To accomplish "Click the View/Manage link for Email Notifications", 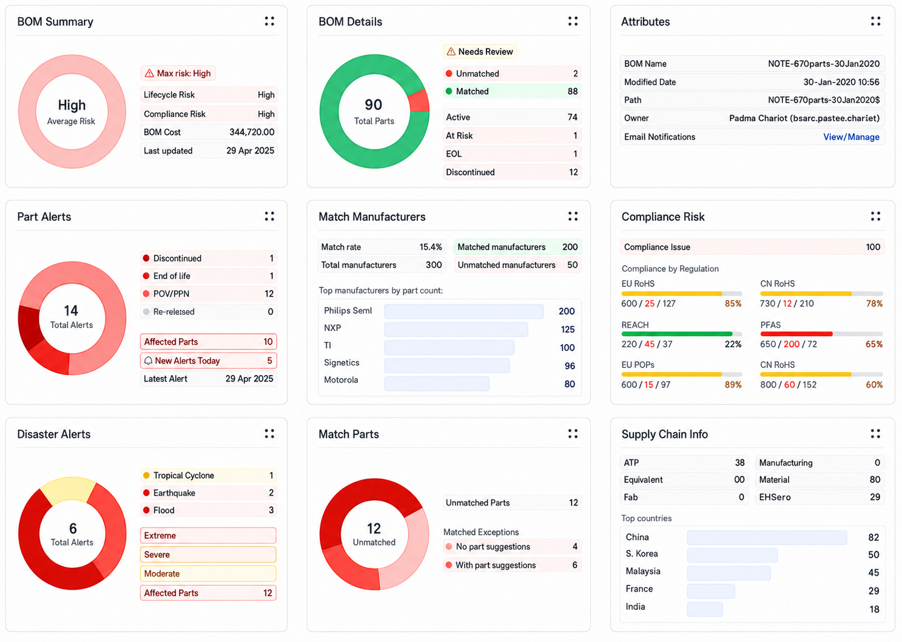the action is click(x=851, y=137).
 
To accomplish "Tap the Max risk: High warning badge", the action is click(x=178, y=73).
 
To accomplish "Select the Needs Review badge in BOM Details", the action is click(x=480, y=52).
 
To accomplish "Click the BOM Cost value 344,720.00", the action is click(x=252, y=132).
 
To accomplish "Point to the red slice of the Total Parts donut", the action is click(x=419, y=101).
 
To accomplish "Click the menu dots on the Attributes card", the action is click(x=875, y=21).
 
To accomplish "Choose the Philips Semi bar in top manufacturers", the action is click(x=463, y=311).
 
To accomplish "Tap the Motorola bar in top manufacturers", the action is click(x=437, y=384).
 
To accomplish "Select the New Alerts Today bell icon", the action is click(x=148, y=360).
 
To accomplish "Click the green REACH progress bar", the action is click(x=676, y=334).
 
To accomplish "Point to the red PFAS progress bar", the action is click(x=796, y=334).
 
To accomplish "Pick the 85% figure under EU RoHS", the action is click(x=733, y=303).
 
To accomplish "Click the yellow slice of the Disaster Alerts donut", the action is click(x=68, y=490).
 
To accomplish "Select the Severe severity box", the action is click(x=208, y=555).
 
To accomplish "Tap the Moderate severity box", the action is click(x=208, y=573).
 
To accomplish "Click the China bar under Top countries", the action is click(x=767, y=537).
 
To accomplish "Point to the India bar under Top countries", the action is click(x=705, y=609).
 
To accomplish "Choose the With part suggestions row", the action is click(x=512, y=565).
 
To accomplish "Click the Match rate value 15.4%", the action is click(x=431, y=247).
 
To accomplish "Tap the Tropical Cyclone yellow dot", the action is click(x=146, y=475).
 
